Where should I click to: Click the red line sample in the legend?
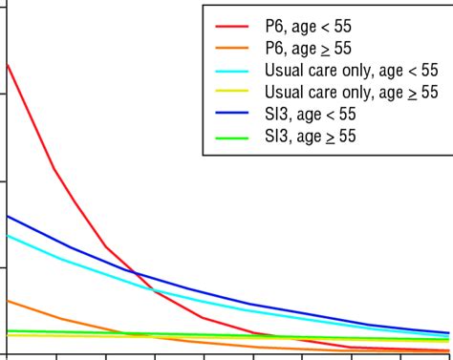pyautogui.click(x=234, y=27)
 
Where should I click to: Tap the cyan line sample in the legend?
pyautogui.click(x=234, y=71)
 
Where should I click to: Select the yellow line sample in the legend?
pyautogui.click(x=234, y=93)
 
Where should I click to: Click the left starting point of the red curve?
pyautogui.click(x=8, y=65)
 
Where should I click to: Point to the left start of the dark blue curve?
pyautogui.click(x=8, y=216)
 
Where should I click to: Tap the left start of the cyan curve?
pyautogui.click(x=8, y=235)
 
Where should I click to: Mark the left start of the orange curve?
pyautogui.click(x=8, y=301)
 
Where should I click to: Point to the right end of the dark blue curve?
pyautogui.click(x=448, y=333)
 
